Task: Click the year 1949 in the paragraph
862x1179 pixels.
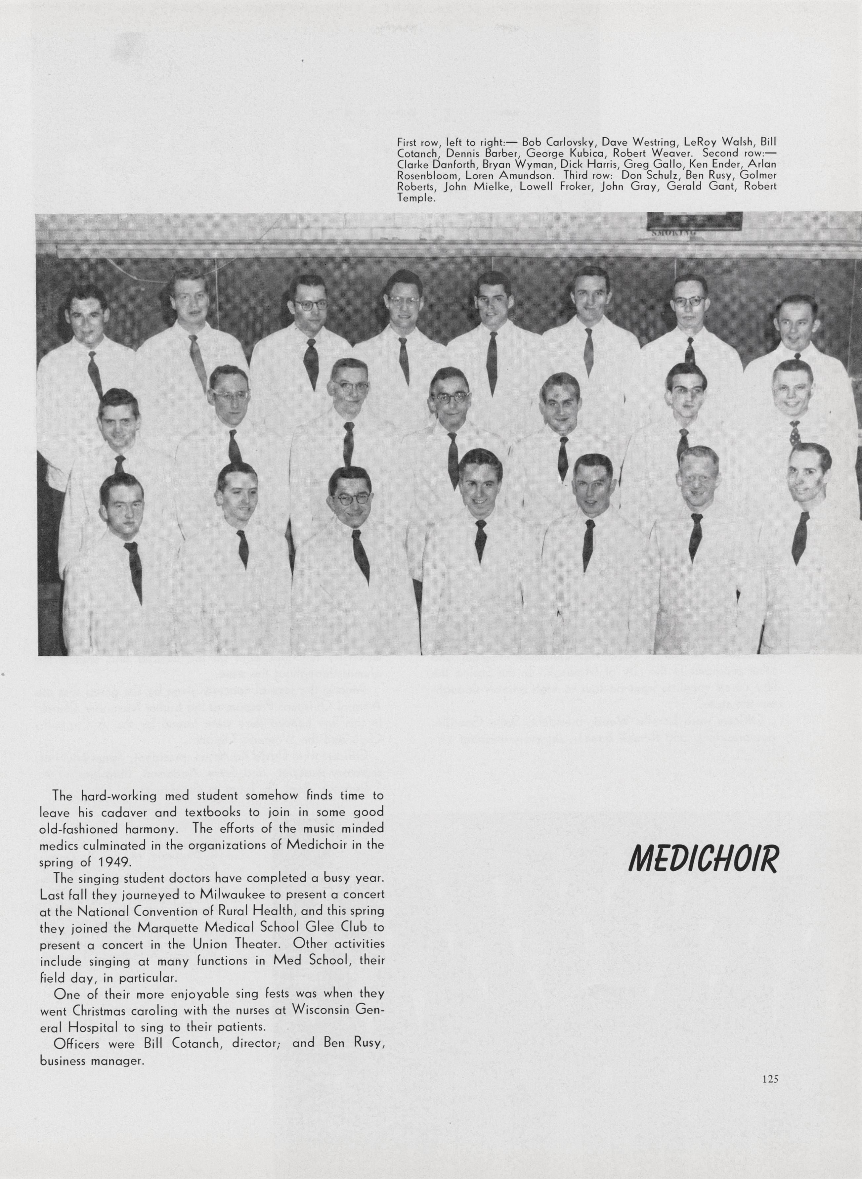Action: tap(114, 861)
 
